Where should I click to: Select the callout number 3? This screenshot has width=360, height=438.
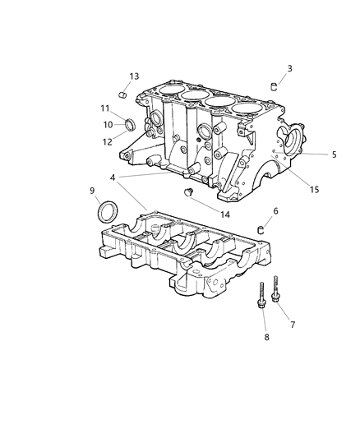pyautogui.click(x=289, y=68)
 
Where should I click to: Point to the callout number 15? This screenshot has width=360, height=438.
pyautogui.click(x=314, y=191)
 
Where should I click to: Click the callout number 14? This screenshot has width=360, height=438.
pyautogui.click(x=225, y=213)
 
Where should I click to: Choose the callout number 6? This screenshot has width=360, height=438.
pyautogui.click(x=275, y=211)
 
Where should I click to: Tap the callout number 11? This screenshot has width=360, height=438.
pyautogui.click(x=105, y=108)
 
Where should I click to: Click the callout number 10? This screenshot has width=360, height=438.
pyautogui.click(x=108, y=125)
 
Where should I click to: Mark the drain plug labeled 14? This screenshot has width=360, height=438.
pyautogui.click(x=189, y=193)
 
